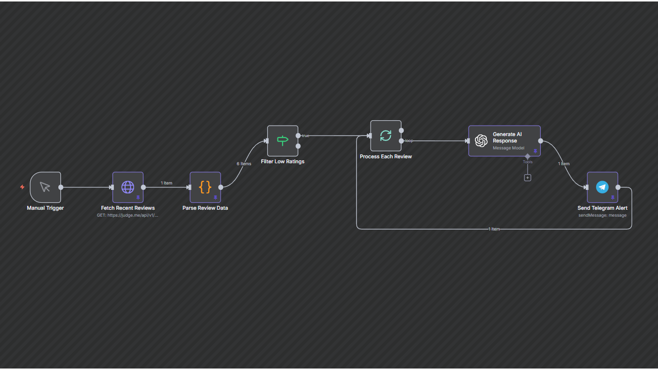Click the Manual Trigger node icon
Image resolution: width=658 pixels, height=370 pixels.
pos(45,187)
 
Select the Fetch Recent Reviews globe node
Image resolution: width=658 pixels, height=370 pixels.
pos(128,187)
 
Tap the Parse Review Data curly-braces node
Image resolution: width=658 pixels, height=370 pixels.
pos(205,187)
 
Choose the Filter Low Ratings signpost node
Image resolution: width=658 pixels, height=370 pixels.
pos(282,140)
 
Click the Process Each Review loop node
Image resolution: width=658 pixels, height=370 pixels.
pos(385,136)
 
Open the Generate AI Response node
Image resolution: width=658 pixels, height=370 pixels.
pos(504,140)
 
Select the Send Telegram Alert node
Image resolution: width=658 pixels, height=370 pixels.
pos(602,187)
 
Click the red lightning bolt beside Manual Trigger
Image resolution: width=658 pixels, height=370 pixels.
pos(22,187)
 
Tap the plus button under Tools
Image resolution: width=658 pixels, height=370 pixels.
pos(527,178)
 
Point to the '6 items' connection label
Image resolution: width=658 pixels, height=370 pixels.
pos(244,164)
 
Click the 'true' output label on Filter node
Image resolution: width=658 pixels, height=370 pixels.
pos(306,136)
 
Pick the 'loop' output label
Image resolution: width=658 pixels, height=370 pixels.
pos(409,141)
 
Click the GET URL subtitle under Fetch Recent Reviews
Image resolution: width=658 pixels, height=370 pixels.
pos(128,215)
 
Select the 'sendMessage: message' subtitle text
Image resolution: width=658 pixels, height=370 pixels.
pos(602,215)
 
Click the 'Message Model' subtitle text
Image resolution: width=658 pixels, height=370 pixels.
pos(508,148)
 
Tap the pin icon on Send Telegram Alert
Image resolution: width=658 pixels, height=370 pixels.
pos(612,197)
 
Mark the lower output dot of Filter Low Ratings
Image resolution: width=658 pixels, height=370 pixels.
pos(298,146)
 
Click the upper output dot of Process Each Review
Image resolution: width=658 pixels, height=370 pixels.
pos(401,131)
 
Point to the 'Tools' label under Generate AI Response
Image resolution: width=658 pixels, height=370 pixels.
pos(527,162)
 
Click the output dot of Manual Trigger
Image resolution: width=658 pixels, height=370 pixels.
pos(61,187)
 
